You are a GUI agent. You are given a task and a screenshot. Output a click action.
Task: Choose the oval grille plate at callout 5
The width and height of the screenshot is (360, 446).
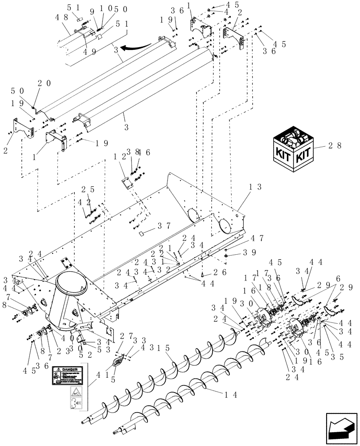[118, 361]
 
